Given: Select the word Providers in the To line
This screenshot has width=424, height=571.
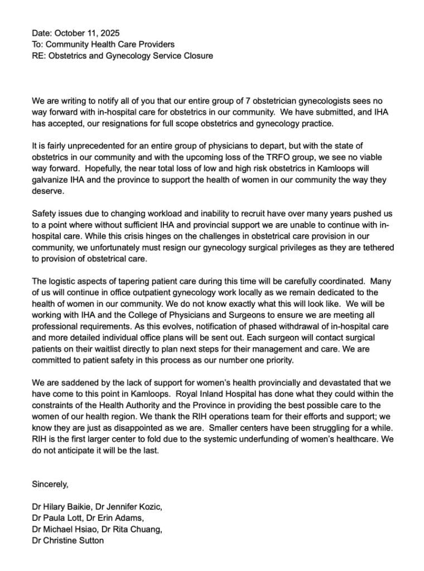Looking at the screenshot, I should pyautogui.click(x=156, y=44).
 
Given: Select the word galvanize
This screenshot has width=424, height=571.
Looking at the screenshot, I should pyautogui.click(x=52, y=180).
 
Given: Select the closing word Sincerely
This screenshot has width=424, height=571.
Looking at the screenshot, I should pyautogui.click(x=50, y=484).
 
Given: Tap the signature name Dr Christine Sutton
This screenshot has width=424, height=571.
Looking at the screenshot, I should pyautogui.click(x=68, y=540).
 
